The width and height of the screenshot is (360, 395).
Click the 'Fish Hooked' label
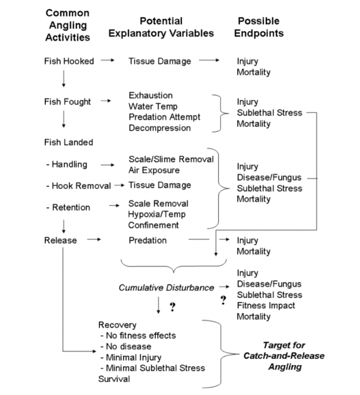click(69, 61)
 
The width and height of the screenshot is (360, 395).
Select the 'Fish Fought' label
click(67, 102)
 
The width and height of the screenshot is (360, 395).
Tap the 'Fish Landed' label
click(68, 142)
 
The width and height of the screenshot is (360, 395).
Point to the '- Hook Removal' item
click(78, 186)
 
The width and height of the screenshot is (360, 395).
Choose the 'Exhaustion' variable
click(151, 95)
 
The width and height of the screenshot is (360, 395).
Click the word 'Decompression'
click(160, 128)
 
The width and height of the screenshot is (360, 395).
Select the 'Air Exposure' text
click(154, 170)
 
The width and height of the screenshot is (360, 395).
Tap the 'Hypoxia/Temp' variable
click(157, 214)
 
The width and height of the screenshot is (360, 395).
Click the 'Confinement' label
click(154, 225)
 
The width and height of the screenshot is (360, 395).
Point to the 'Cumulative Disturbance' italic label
click(166, 288)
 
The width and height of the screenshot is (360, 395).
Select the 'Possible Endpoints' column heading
click(259, 27)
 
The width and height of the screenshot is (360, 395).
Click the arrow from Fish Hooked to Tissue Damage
click(107, 61)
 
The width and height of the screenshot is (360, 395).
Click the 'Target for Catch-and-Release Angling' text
click(284, 356)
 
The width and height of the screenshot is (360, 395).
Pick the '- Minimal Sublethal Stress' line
click(152, 368)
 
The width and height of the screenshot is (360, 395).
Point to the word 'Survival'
click(114, 379)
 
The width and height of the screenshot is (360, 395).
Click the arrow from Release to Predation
click(94, 240)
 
